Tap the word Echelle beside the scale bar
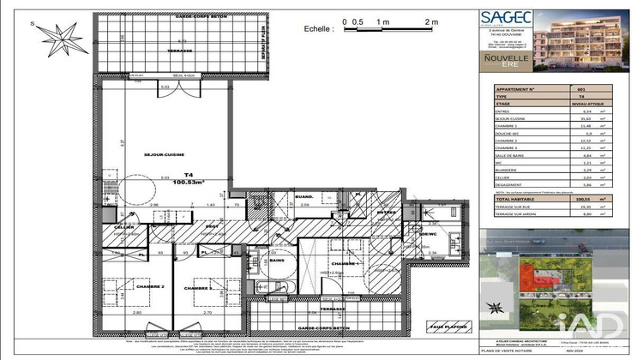click(318, 28)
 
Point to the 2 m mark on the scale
click(430, 21)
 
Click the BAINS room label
click(277, 260)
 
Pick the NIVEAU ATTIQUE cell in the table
click(583, 103)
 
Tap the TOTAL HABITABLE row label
click(515, 197)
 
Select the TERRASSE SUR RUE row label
click(516, 207)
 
